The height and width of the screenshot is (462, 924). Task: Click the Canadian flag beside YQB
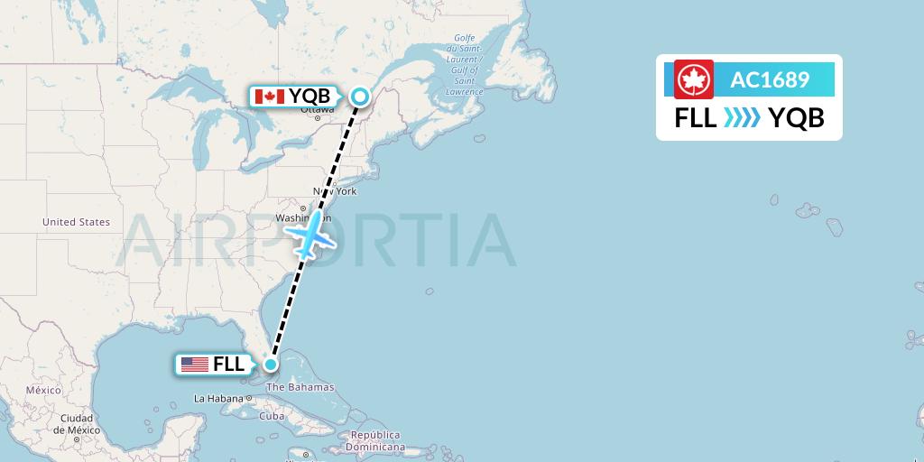click(270, 96)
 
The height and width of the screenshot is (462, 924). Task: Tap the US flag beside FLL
click(194, 365)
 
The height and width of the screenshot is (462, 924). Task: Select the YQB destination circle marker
click(360, 97)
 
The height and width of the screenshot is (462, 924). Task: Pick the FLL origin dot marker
click(270, 365)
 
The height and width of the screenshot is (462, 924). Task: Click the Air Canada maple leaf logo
click(693, 79)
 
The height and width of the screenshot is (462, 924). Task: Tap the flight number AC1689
click(769, 79)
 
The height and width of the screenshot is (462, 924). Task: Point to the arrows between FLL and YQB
click(742, 118)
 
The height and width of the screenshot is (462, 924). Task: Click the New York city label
click(335, 191)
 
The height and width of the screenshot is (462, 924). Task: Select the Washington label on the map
click(300, 218)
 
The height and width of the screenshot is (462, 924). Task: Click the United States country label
click(76, 222)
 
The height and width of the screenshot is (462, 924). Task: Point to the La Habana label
click(218, 398)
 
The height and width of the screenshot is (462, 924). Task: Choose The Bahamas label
click(301, 387)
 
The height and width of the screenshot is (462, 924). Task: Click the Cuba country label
click(272, 416)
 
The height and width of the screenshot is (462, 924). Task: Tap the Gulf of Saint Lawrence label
click(465, 69)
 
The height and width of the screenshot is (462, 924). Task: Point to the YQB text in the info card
click(796, 118)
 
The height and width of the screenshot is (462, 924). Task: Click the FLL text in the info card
click(695, 118)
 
